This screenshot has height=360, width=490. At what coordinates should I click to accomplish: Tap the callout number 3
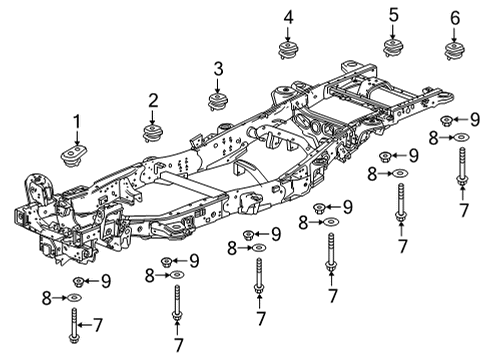(x=217, y=68)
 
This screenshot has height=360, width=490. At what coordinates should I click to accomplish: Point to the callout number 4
(x=288, y=17)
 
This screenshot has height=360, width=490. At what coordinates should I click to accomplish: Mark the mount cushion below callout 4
(x=289, y=53)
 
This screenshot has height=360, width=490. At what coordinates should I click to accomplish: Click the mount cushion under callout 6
(x=456, y=51)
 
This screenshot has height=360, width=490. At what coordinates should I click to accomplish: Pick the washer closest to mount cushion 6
(x=461, y=137)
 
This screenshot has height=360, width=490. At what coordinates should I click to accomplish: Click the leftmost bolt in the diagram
(x=75, y=323)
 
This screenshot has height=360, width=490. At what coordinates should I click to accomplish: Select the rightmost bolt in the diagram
(x=461, y=165)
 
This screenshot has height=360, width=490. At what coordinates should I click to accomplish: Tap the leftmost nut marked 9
(x=80, y=281)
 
